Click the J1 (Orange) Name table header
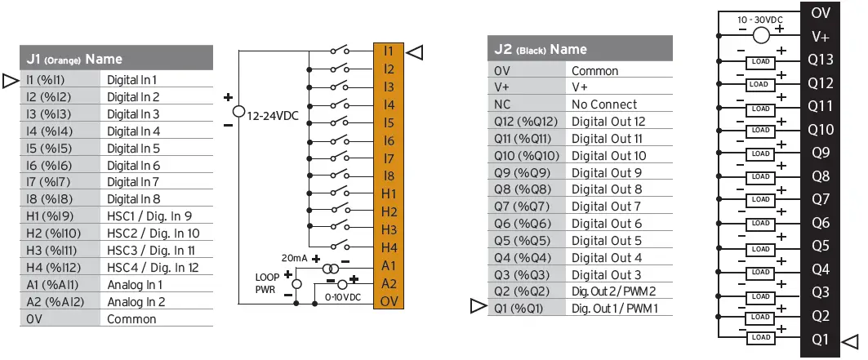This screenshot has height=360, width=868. pos(116,58)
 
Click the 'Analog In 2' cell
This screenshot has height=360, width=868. pos(136,301)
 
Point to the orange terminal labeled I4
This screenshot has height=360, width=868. pos(389,104)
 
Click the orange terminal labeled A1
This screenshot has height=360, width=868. pos(389,265)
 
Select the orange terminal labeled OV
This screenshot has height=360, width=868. pos(389,301)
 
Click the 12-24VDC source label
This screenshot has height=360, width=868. pos(274,116)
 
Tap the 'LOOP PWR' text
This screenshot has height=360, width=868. pos(267,282)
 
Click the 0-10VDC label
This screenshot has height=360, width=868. pos(344,296)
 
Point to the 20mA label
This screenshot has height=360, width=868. pos(294,257)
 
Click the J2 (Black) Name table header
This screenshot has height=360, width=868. pos(580,49)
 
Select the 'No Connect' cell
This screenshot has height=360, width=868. pos(604,104)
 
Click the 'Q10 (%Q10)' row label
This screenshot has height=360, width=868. pos(527,155)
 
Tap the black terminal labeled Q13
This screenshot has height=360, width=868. pos(821,60)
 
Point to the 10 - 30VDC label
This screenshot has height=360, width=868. pos(760,18)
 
